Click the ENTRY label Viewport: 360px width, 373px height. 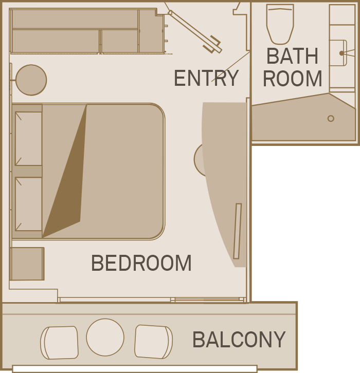206,78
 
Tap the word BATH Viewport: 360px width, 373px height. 292,56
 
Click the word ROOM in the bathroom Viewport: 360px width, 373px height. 292,79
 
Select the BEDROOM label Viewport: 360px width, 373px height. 141,263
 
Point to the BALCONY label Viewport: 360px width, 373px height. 239,340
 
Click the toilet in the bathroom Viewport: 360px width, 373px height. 280,24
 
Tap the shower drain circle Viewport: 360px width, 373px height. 331,118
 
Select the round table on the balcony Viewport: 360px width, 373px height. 105,338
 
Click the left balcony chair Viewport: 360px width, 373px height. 60,343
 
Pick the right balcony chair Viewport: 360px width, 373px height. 153,342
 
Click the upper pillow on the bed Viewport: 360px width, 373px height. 28,138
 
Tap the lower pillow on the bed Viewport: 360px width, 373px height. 28,204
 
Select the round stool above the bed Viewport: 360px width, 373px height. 31,80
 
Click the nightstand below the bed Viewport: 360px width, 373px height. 27,264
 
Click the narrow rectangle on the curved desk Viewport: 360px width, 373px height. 237,231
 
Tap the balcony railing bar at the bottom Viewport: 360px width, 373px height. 134,368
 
